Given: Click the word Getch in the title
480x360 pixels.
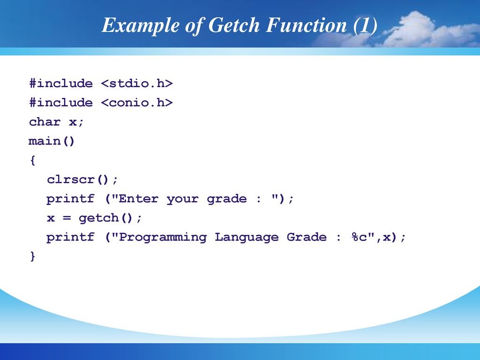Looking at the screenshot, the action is click(234, 25).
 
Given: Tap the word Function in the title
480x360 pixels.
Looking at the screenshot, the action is click(307, 25).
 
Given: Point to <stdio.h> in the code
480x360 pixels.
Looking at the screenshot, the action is click(137, 83).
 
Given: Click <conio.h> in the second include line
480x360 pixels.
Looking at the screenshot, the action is click(137, 103).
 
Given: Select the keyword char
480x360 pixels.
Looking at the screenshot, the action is click(45, 122).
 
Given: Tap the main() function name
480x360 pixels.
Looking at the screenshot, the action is click(52, 141).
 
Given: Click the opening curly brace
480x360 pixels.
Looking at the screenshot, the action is click(32, 160).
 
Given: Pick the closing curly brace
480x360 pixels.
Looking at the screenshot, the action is click(32, 256).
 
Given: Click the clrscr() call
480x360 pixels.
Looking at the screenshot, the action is click(78, 180).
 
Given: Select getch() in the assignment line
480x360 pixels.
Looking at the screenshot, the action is click(105, 217).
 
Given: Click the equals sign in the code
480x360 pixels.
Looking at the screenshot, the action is click(67, 218).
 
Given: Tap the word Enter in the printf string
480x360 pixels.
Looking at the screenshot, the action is click(138, 199).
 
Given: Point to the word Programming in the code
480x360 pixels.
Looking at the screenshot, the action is click(163, 238).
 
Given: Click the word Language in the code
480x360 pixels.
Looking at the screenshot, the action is click(247, 238).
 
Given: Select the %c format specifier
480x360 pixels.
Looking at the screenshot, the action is click(359, 237).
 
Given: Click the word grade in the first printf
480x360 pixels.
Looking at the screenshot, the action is click(226, 199).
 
